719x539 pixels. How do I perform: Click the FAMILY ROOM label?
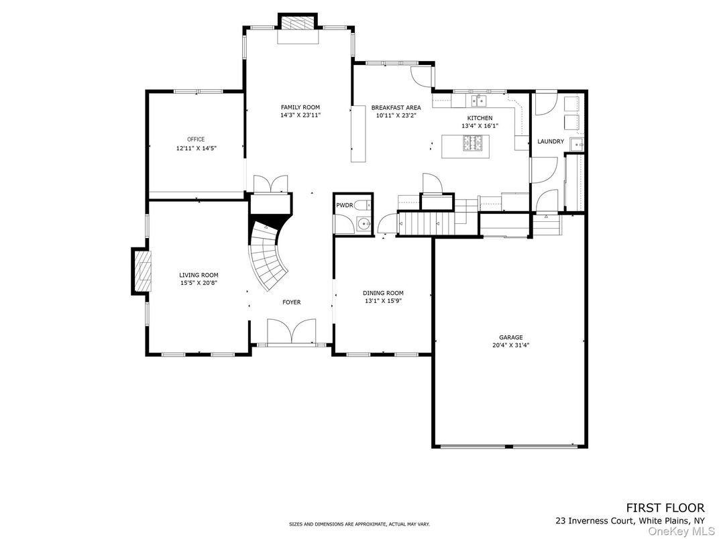point(300,107)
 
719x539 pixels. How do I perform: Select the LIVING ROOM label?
point(199,275)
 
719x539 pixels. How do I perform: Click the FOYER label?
point(291,302)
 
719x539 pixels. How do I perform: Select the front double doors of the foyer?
point(291,332)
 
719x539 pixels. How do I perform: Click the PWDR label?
point(344,205)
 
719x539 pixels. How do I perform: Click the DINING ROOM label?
point(383,293)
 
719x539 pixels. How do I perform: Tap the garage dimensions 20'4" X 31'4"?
point(510,346)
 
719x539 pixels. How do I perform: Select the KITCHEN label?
point(480,118)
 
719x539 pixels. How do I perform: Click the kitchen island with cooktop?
point(465,145)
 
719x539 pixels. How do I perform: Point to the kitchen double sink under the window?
point(479,101)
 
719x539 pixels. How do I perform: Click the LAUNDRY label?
point(551,141)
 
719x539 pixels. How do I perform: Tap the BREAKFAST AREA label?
point(396,107)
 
